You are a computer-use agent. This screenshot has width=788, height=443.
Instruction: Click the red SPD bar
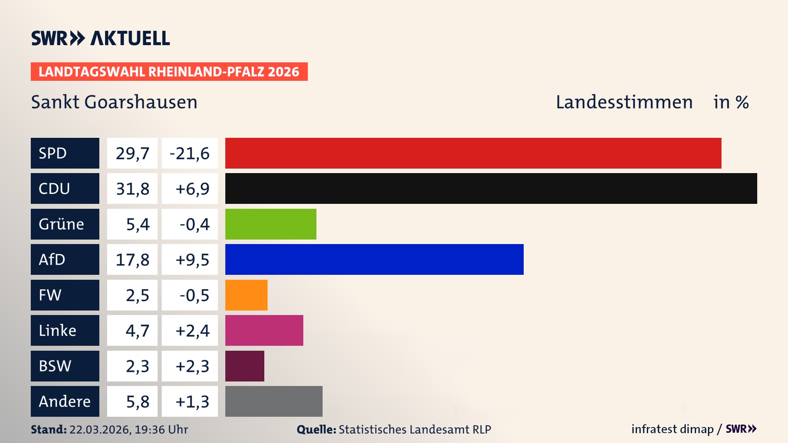(473, 153)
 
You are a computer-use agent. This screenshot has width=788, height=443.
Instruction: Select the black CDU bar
(491, 189)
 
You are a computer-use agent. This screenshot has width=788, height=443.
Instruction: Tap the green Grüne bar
(270, 224)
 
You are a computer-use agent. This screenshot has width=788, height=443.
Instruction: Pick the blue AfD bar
(374, 260)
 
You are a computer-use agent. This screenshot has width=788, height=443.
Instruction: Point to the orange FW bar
(246, 295)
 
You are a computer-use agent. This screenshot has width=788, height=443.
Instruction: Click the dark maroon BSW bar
(245, 366)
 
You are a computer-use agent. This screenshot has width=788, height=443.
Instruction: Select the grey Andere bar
(274, 401)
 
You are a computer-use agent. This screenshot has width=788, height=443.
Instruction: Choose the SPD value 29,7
(132, 153)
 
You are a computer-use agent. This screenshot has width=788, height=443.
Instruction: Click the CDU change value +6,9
(192, 189)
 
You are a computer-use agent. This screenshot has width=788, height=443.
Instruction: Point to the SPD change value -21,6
(190, 153)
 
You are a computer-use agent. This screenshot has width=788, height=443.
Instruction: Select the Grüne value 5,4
(137, 224)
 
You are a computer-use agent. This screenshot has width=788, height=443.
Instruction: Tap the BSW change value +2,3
(192, 366)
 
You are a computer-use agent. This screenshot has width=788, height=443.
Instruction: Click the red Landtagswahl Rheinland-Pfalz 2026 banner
(169, 72)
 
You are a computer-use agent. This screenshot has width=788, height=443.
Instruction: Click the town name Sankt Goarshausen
(114, 102)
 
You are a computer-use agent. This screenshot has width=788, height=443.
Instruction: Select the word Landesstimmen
(624, 102)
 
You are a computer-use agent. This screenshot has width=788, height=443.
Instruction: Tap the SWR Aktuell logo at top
(101, 38)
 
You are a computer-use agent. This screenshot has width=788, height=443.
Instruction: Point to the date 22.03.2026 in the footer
(100, 429)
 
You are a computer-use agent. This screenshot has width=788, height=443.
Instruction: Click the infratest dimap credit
(672, 429)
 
